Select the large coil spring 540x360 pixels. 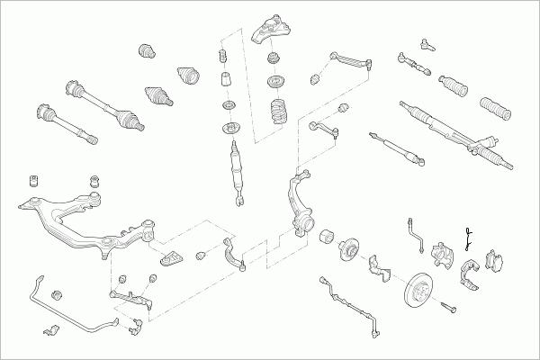coord(280,115)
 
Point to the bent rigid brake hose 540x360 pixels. coord(416,232)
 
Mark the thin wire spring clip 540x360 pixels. coord(469,237)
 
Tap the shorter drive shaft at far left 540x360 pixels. coord(63,126)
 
